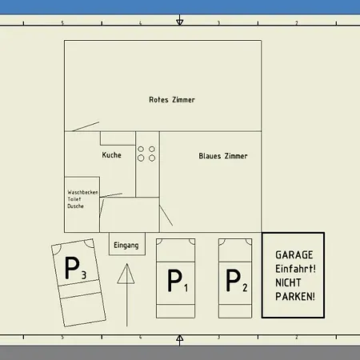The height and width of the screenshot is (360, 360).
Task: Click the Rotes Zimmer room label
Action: pos(172,100)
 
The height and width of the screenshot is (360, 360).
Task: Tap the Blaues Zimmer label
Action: pos(223,156)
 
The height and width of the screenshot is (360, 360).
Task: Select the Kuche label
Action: pos(111,155)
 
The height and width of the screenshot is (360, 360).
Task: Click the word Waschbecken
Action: pos(83,192)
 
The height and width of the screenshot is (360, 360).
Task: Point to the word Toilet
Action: pos(74,199)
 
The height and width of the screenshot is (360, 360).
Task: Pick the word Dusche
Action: pos(75,206)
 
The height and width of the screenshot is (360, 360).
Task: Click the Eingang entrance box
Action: pos(127,244)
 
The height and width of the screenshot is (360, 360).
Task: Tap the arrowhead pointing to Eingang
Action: pos(126,274)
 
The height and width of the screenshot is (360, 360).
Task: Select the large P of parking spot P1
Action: pos(174,280)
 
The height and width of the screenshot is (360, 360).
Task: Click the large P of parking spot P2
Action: pos(233,280)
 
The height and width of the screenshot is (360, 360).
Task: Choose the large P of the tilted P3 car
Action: pos(72,268)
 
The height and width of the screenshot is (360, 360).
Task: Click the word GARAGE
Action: pos(294,255)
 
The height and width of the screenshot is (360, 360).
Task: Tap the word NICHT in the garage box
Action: pos(288,282)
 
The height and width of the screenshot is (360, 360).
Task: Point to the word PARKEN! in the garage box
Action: pos(295,297)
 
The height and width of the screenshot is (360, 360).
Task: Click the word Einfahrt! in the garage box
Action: pos(295,269)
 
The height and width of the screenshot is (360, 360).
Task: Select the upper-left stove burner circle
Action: pos(141,149)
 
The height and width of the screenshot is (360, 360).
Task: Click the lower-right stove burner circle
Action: pos(152,158)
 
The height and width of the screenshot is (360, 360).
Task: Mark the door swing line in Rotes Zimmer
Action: pos(86,126)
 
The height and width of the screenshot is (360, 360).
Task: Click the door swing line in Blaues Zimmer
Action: pos(166,215)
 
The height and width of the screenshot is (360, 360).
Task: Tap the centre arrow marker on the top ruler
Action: pos(180,21)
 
